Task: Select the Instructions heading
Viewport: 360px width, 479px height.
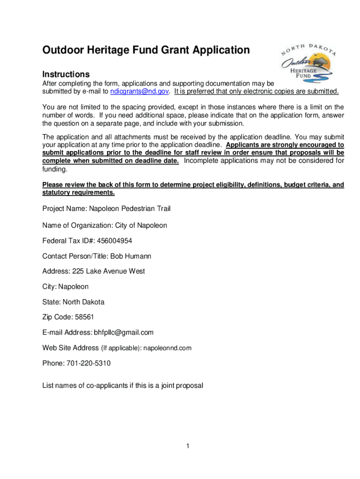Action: click(66, 74)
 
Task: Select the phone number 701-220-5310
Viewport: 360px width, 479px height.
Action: click(88, 363)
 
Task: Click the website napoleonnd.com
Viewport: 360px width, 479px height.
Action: click(167, 348)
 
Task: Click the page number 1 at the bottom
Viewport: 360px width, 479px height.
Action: click(187, 446)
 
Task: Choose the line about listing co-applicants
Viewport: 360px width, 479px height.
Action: click(122, 386)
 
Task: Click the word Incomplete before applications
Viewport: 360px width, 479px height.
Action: click(201, 161)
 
